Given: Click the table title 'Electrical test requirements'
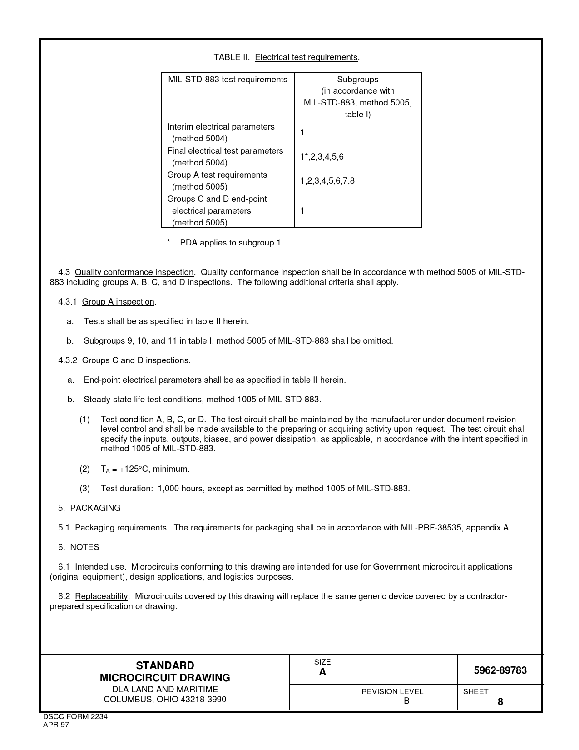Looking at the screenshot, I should tap(307, 57).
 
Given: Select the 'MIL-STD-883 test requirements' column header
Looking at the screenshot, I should tap(228, 80).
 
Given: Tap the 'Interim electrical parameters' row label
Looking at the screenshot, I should tap(221, 127).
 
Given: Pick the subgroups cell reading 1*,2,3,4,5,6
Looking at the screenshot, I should tap(322, 157).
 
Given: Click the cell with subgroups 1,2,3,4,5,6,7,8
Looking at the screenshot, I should tap(327, 181).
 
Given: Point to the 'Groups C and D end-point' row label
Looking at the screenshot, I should tap(217, 199).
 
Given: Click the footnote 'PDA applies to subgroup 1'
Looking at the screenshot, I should tap(231, 243).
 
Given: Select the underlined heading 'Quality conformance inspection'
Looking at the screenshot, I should tap(134, 272).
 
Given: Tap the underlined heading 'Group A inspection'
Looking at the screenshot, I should tap(118, 302).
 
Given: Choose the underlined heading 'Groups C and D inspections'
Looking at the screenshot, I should tap(135, 360).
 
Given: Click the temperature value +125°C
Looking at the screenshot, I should tap(138, 469).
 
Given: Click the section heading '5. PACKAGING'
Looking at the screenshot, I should tap(89, 508).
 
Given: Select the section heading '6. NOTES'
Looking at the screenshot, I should tap(79, 547).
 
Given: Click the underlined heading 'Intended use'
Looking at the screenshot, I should tap(99, 567).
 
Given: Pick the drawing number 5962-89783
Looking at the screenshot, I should tap(500, 670).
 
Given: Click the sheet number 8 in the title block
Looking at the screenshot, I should tap(500, 702).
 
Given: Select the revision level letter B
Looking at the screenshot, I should tap(406, 701).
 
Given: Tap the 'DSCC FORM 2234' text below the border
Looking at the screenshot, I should tap(75, 717).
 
